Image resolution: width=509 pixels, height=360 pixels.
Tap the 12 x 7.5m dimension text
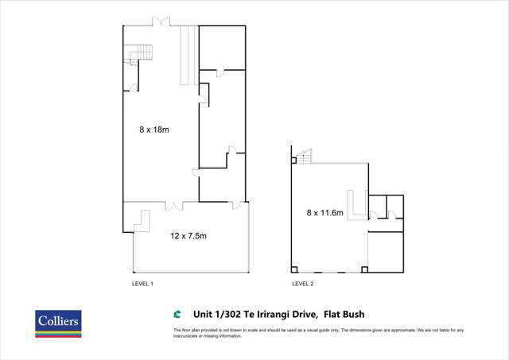(x=189, y=236)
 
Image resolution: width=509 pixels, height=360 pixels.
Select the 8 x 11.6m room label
(x=326, y=212)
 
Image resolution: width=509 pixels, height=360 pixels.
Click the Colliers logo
(x=58, y=323)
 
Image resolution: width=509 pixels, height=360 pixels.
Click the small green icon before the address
(x=177, y=313)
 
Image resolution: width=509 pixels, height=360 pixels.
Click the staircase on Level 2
(x=305, y=157)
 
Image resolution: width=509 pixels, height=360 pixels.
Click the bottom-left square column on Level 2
(x=295, y=269)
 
